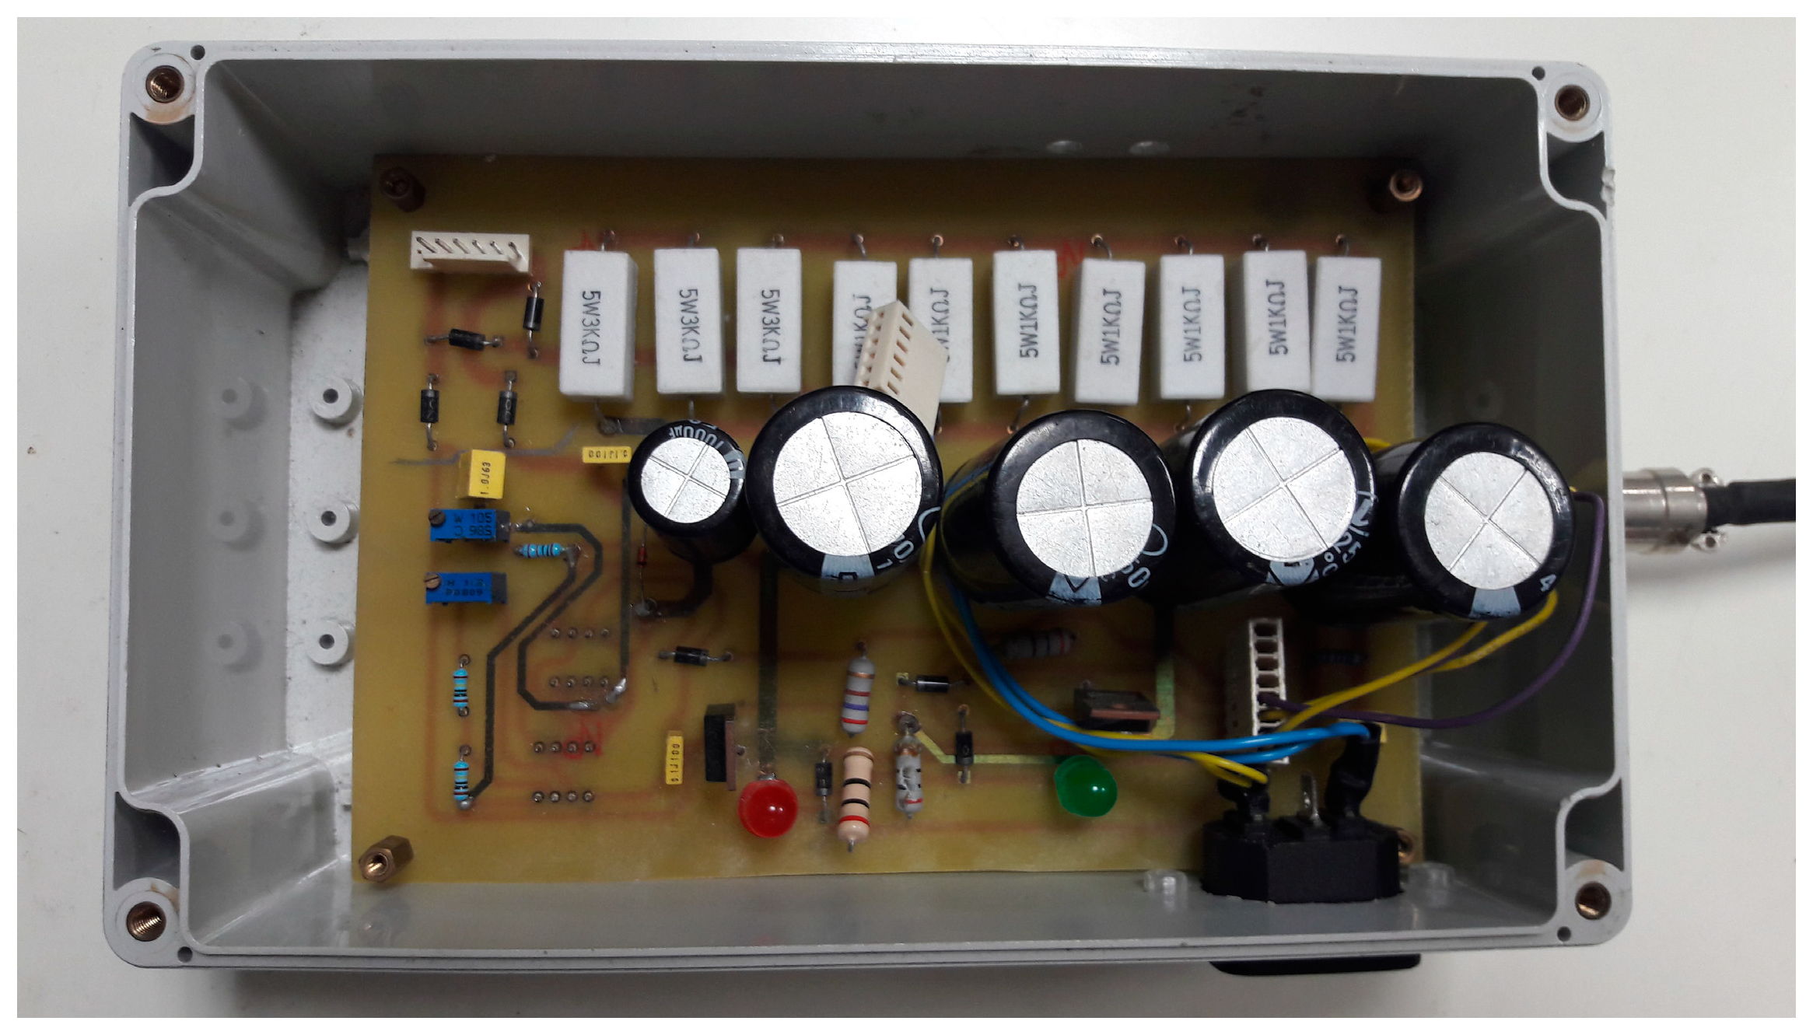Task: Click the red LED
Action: pos(768,806)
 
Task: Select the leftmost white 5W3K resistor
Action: pos(597,323)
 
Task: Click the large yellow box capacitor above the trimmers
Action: pos(482,475)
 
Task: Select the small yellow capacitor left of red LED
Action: pos(674,758)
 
